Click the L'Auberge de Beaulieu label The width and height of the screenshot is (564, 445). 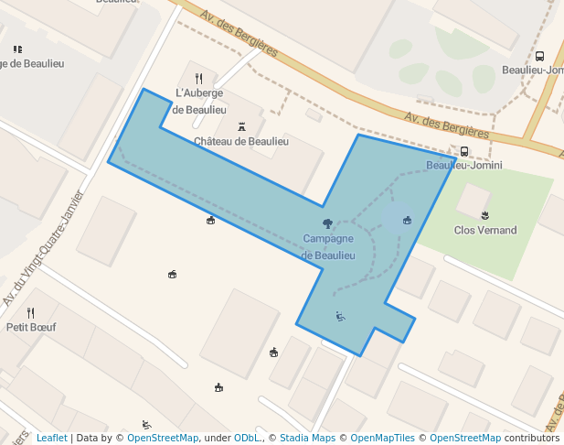click(199, 101)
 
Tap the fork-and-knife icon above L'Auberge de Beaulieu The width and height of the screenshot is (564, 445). click(199, 79)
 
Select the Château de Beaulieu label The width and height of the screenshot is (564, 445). click(241, 141)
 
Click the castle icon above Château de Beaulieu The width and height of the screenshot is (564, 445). click(241, 126)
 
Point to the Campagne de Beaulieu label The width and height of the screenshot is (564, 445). click(328, 247)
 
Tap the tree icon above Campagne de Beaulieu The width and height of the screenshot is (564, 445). click(328, 223)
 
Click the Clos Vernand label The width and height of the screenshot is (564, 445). click(484, 230)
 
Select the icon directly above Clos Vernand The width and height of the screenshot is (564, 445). click(484, 215)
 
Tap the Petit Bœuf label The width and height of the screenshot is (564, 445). click(30, 326)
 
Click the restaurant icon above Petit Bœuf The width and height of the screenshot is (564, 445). click(30, 312)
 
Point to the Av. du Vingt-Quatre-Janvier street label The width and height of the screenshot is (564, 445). click(42, 247)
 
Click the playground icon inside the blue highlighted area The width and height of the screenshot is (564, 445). click(340, 317)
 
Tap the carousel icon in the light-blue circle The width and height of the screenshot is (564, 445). click(407, 220)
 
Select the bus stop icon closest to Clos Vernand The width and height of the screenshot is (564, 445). click(464, 152)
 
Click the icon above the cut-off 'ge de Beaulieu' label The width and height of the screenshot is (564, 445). click(17, 49)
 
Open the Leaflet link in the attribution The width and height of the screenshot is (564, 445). click(51, 438)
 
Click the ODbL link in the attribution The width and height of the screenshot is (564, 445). click(248, 438)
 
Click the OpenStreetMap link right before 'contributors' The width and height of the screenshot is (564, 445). click(464, 438)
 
